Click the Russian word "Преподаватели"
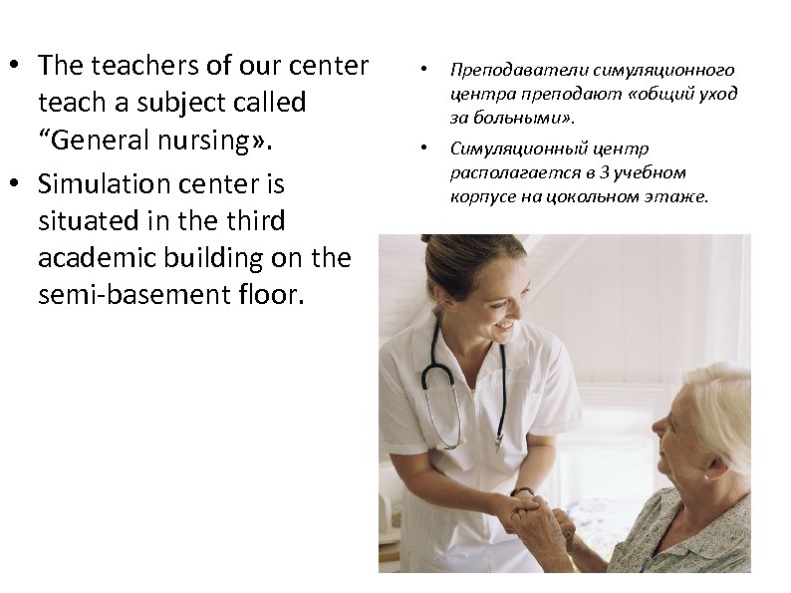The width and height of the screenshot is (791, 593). pyautogui.click(x=518, y=70)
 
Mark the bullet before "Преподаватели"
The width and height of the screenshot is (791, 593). pyautogui.click(x=423, y=71)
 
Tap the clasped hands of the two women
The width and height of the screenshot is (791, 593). pyautogui.click(x=528, y=513)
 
